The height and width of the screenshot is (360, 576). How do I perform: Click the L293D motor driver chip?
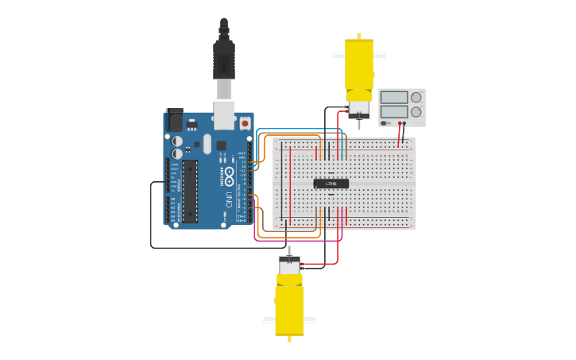tap(331, 184)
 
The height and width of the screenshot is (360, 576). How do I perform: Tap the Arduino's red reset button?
tap(245, 124)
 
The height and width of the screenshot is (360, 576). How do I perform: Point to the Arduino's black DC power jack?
tap(173, 121)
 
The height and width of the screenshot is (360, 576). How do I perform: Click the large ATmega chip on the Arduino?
tap(190, 191)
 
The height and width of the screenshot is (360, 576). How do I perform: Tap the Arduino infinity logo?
tap(230, 173)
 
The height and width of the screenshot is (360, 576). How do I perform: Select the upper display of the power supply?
tap(394, 98)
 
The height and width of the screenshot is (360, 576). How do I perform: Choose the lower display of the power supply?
tap(394, 112)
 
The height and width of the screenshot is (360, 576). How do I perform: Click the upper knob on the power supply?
tap(416, 98)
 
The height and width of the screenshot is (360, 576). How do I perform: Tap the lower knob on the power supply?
tap(416, 112)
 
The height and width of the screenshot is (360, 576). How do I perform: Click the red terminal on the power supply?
tap(400, 124)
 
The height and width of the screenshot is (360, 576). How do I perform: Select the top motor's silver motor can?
tap(358, 107)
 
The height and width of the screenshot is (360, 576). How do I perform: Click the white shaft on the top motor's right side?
tap(379, 55)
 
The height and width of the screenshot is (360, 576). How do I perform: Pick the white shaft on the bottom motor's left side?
tap(269, 320)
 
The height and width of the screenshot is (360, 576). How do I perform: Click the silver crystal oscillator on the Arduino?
tap(207, 144)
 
